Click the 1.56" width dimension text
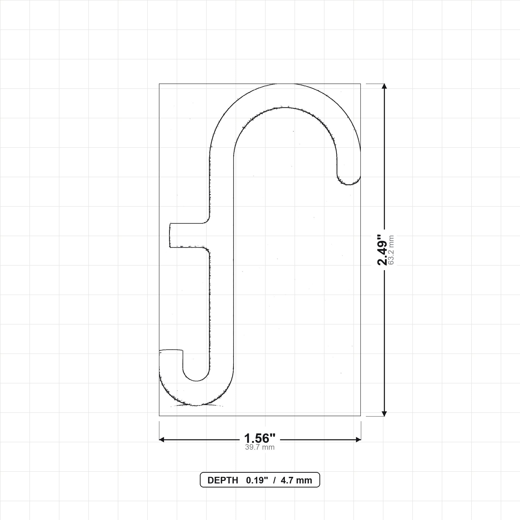260,438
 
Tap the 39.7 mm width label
260,447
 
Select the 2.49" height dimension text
382,250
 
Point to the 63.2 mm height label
391,250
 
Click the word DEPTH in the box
223,480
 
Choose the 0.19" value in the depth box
257,480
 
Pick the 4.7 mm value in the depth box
296,480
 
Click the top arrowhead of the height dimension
384,86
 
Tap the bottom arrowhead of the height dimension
384,414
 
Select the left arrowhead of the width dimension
162,440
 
